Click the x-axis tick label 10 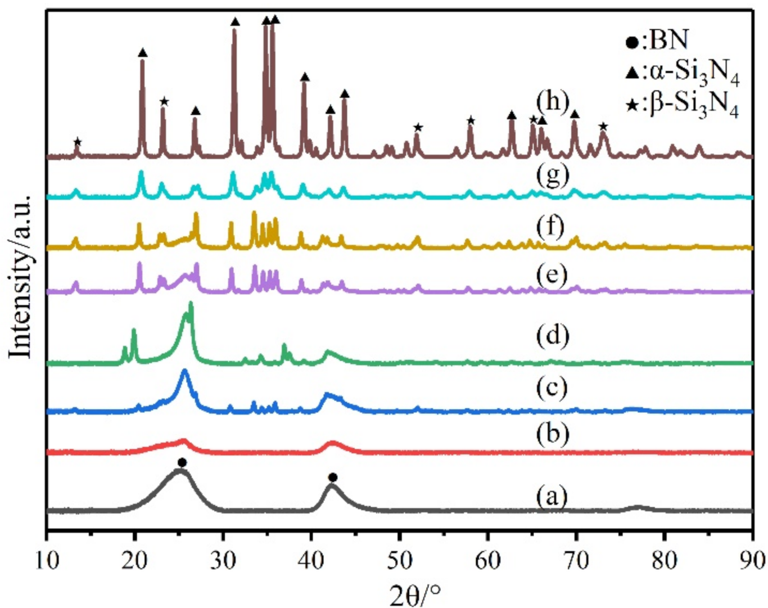47,562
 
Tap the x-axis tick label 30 223,562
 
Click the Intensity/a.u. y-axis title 21,276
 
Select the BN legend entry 657,41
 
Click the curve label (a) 551,496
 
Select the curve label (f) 550,228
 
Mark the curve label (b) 552,434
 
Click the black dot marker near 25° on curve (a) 182,462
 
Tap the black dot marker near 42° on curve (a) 332,478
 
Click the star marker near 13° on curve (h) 78,142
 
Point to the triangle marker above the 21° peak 143,53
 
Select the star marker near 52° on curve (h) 418,128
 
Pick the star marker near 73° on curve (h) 603,127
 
